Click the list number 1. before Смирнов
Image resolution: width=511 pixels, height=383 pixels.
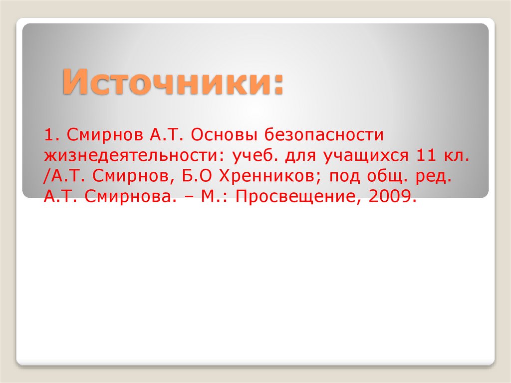(52, 135)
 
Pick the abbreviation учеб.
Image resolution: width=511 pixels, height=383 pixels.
(255, 156)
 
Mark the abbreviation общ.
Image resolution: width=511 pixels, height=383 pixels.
(381, 177)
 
